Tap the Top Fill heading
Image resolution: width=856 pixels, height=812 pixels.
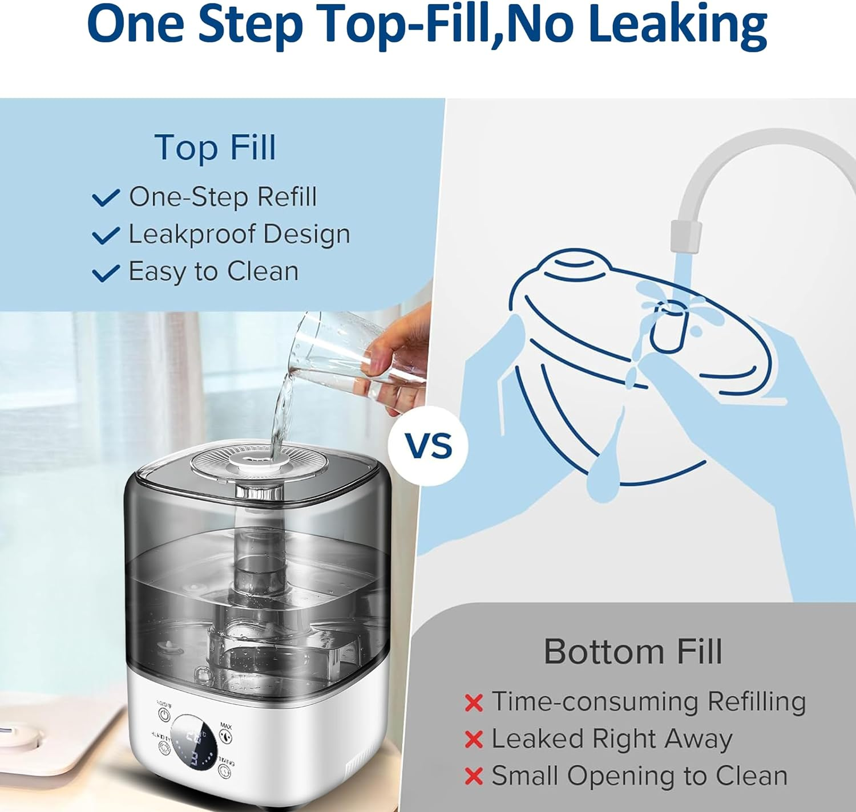tap(215, 148)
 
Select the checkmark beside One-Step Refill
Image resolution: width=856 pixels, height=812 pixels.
tap(106, 198)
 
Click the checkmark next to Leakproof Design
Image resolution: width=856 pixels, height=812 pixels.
tap(106, 235)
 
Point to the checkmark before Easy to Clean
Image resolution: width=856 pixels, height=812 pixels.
tap(106, 273)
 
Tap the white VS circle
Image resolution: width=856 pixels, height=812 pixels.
tap(428, 446)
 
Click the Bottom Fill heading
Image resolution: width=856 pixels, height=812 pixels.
tap(633, 651)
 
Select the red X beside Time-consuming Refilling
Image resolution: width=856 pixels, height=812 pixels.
tap(474, 703)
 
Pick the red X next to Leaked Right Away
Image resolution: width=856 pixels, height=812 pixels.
tap(474, 740)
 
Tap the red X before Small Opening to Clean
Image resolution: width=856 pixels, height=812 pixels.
tap(474, 776)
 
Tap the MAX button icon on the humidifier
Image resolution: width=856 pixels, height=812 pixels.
tap(225, 737)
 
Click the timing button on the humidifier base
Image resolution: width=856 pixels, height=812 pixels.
tap(224, 772)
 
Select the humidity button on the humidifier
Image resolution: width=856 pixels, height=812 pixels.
tap(164, 748)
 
